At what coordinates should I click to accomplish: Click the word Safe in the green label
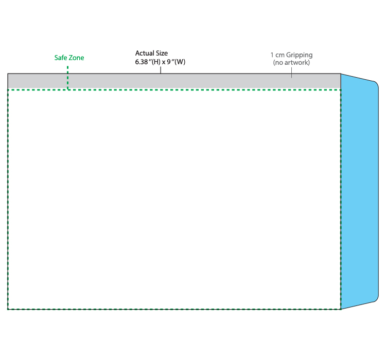tap(61, 58)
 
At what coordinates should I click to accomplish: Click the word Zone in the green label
tap(77, 58)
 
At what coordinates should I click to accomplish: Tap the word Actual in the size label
tap(145, 53)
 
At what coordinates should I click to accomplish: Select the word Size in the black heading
tap(162, 53)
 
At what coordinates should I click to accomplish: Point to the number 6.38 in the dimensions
tap(142, 62)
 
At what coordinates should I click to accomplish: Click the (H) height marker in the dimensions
tap(156, 62)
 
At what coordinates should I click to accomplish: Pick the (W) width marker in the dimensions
tap(180, 62)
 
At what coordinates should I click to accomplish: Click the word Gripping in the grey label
tap(299, 55)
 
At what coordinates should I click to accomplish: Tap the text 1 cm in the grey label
tap(277, 55)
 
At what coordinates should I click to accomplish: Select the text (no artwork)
tap(291, 63)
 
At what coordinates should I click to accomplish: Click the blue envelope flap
tap(360, 191)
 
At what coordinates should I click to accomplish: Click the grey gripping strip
tap(174, 81)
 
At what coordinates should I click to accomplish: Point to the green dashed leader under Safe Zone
tap(68, 78)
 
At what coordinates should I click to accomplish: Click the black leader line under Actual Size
tap(161, 70)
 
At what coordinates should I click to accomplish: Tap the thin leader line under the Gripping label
tap(291, 73)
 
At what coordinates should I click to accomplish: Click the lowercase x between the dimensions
tap(164, 62)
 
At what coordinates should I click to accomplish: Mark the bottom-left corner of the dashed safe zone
tap(8, 309)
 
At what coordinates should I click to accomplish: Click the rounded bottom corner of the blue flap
tap(376, 299)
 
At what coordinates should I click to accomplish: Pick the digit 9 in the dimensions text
tap(169, 62)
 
